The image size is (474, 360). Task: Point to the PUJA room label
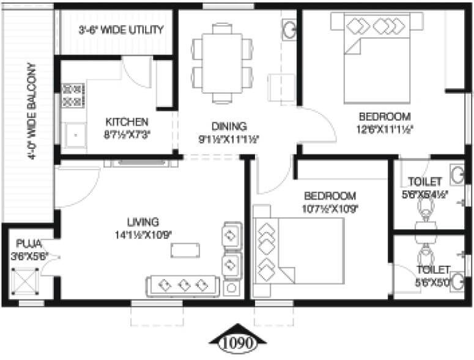pyautogui.click(x=29, y=242)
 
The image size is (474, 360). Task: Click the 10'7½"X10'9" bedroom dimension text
pyautogui.click(x=330, y=208)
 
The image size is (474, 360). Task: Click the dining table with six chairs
pyautogui.click(x=221, y=62)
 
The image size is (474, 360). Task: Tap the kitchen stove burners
pyautogui.click(x=72, y=96)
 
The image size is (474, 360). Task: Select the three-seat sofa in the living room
pyautogui.click(x=182, y=285)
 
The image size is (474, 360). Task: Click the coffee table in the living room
pyautogui.click(x=185, y=249)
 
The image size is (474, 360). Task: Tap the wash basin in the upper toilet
pyautogui.click(x=456, y=175)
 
